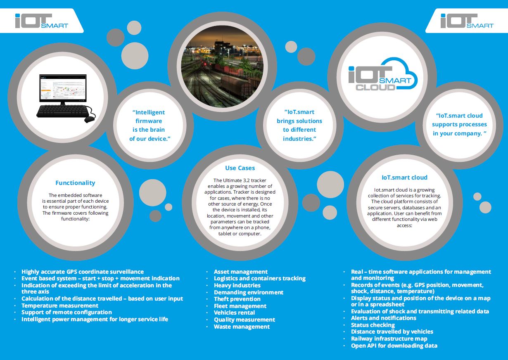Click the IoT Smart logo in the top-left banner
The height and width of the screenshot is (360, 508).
pos(41,21)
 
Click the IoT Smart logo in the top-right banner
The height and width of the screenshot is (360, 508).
pos(467,21)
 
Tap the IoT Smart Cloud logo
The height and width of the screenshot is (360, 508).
pos(382,75)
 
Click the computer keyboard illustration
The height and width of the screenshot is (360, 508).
pos(63,111)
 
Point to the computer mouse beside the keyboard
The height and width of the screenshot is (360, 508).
pos(90,119)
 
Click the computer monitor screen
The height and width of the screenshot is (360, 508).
pos(63,88)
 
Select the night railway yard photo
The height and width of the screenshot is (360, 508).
pos(222,66)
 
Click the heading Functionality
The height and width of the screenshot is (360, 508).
pos(75,183)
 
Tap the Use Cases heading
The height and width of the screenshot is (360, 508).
pos(240,168)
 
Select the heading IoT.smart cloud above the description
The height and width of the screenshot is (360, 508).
pos(404,178)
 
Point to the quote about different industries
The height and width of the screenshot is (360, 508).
pos(299,125)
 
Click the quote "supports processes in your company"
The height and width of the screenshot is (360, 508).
pos(459,124)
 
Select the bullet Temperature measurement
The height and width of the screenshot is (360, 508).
pos(60,306)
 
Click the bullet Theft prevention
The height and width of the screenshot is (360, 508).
pos(237,299)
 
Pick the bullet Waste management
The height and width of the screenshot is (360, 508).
pos(242,327)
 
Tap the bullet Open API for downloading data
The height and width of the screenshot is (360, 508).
pos(394,346)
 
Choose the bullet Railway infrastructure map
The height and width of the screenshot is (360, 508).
pos(389,339)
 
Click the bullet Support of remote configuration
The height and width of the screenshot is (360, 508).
pos(66,313)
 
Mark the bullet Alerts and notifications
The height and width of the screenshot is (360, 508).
pos(384,318)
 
